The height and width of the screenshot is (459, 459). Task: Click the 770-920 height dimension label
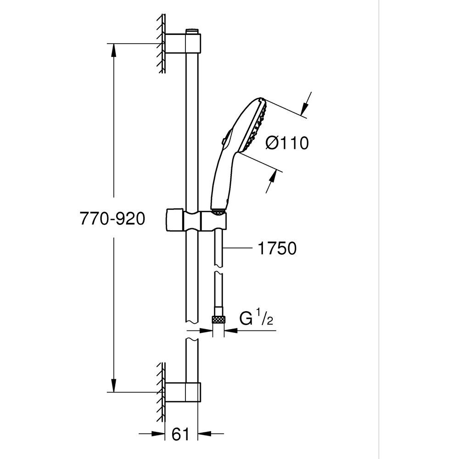[112, 219]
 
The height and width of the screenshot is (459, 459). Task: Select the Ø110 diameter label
[287, 144]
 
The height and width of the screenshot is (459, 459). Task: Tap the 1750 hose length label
[277, 249]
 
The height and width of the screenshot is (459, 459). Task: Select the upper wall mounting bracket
[183, 44]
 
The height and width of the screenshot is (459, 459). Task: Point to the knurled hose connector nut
[218, 319]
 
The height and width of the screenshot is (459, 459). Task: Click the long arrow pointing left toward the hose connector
[243, 330]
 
